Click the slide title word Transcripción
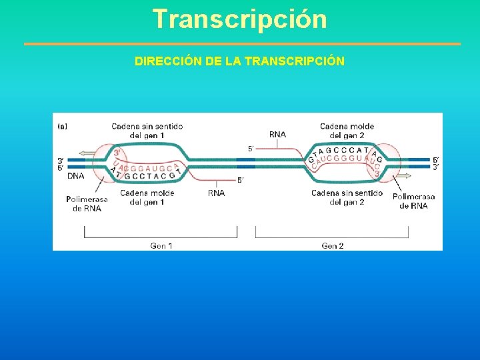(x=239, y=19)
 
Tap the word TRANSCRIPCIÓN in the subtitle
(x=295, y=61)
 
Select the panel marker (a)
(x=62, y=125)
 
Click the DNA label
(x=76, y=176)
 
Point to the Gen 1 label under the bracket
(x=161, y=245)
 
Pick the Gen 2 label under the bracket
(x=333, y=245)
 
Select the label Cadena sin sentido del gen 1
(x=147, y=131)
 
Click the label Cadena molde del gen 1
(x=147, y=197)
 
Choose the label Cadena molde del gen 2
(x=347, y=131)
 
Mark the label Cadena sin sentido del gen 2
(x=347, y=197)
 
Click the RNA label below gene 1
(x=216, y=193)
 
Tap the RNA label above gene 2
(x=277, y=134)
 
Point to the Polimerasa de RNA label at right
(x=413, y=201)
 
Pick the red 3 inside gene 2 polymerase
(x=377, y=175)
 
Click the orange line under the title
(x=242, y=44)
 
